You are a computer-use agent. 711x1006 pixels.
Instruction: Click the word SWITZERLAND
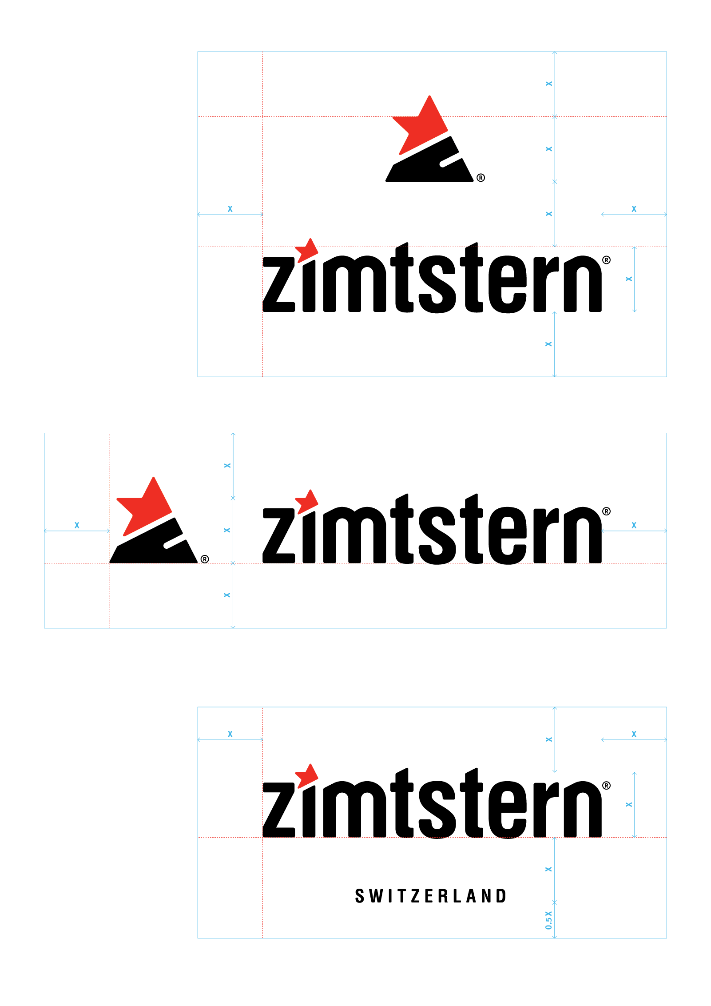coord(430,896)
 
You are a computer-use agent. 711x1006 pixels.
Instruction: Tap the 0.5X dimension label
coord(549,920)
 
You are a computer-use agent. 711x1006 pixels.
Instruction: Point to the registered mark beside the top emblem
coord(481,178)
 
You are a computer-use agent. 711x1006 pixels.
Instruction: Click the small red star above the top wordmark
coord(307,250)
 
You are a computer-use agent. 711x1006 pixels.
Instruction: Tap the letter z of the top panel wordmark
coord(279,284)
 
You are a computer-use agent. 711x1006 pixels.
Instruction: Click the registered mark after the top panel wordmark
coord(606,260)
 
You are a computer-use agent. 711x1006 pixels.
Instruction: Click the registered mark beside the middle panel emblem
coord(205,559)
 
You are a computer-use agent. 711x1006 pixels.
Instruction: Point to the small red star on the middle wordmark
coord(307,501)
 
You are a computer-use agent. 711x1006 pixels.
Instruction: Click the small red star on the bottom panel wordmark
coord(307,775)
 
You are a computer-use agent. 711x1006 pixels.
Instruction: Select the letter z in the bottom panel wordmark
coord(279,810)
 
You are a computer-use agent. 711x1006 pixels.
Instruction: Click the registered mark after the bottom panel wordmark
coord(606,786)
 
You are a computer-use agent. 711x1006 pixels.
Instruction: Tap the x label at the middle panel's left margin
coord(77,525)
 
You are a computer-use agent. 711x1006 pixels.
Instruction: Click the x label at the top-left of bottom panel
coord(230,734)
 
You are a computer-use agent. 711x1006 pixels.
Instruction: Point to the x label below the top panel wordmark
coord(548,344)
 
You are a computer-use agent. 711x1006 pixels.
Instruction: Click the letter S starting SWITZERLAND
coord(359,896)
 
